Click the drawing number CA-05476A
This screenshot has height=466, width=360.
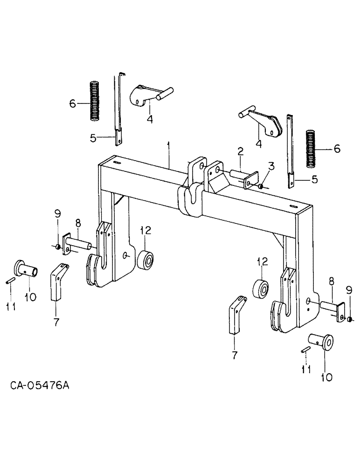(42, 385)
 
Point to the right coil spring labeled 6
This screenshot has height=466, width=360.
(312, 148)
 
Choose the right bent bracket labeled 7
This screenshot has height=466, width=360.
(236, 314)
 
